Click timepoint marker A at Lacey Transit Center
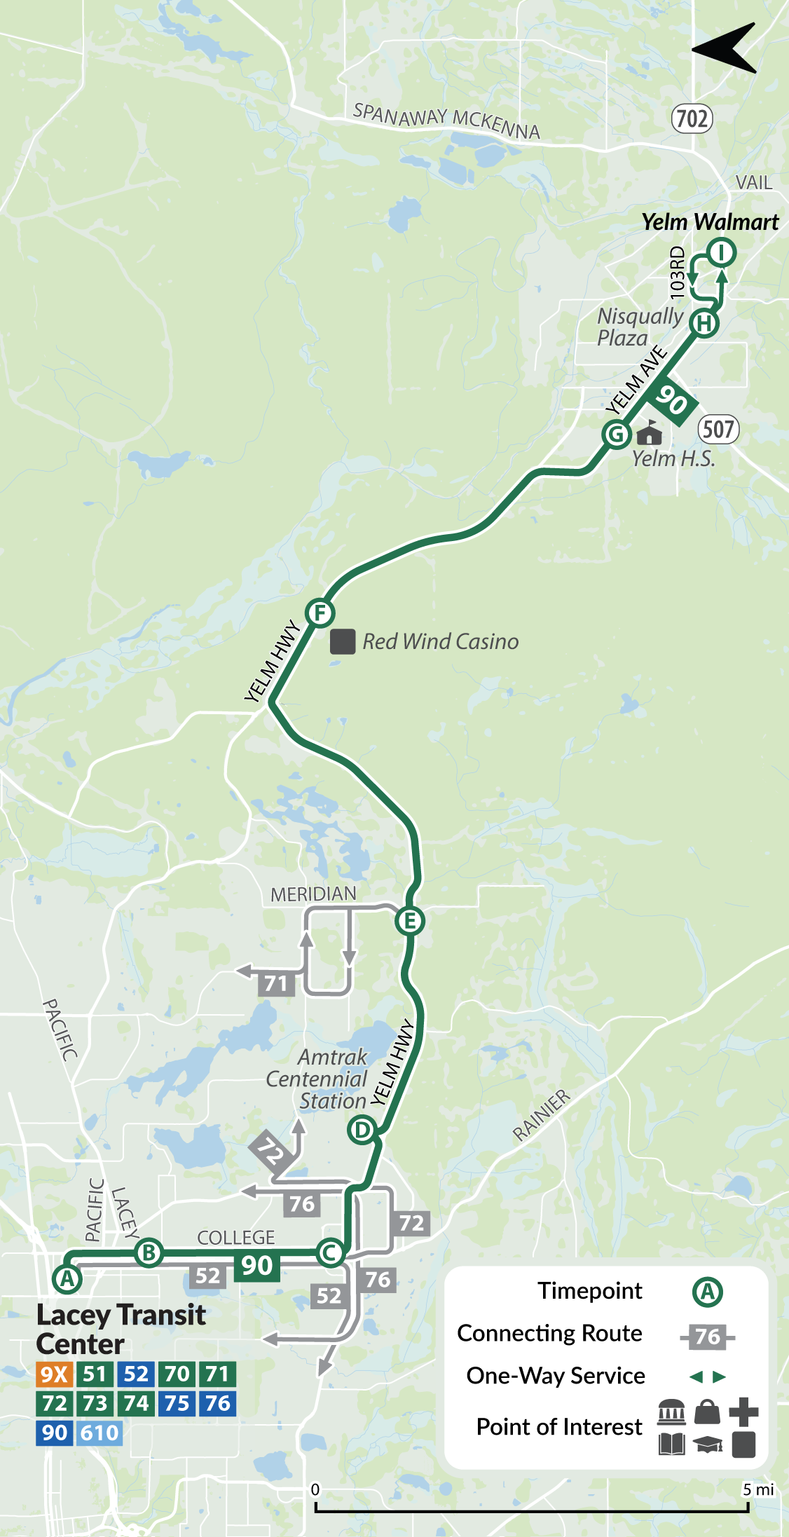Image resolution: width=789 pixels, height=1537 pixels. pos(67,1278)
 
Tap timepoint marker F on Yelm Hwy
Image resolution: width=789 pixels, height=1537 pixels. pos(320,613)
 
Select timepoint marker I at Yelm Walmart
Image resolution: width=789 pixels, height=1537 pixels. pos(721,252)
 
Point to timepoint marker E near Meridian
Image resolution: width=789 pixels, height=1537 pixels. pos(410,920)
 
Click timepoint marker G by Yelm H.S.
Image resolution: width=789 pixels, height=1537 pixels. pos(617,435)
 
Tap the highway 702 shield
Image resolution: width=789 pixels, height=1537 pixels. pos(692,118)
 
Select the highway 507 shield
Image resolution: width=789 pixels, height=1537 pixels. pos(719,429)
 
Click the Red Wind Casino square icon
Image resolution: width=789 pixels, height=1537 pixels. pos(343,641)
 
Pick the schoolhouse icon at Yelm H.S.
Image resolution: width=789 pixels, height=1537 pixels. pos(650,433)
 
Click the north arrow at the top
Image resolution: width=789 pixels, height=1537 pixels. pos(726,48)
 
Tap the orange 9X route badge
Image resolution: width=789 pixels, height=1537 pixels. pos(54,1374)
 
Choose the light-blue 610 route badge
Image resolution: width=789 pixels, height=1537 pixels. pos(100,1433)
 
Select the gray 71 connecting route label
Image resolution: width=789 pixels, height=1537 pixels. pos(276,983)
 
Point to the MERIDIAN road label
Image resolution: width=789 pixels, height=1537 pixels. pos(313,894)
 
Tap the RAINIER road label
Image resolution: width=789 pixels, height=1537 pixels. pos(542,1115)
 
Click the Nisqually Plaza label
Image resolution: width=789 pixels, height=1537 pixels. pos(639,327)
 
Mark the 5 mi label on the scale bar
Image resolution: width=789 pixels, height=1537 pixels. pos(758,1489)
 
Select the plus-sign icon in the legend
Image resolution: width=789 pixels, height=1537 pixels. pos(743,1412)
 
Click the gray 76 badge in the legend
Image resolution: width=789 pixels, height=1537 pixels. pos(708,1337)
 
